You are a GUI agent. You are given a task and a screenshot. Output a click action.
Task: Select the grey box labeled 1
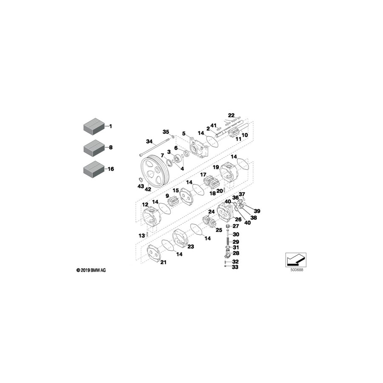(94, 126)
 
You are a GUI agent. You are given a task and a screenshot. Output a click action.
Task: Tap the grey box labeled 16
(94, 169)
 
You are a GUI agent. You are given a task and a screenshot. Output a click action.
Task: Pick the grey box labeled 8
(94, 148)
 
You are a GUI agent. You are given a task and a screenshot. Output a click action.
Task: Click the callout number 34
(149, 141)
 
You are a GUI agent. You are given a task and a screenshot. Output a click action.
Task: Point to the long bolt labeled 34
(154, 147)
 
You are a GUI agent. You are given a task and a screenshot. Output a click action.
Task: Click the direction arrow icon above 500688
(296, 260)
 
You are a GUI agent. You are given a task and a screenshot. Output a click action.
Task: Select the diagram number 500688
(297, 270)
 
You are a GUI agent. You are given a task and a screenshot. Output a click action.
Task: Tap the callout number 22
(231, 115)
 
